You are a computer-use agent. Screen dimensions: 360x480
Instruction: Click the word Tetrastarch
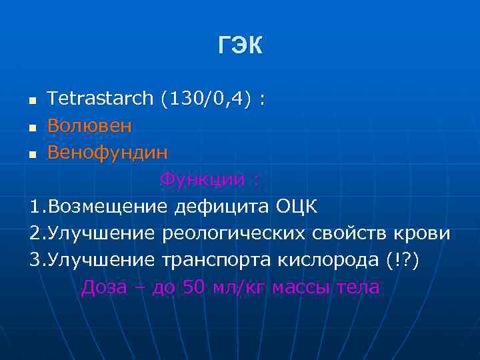tap(100, 99)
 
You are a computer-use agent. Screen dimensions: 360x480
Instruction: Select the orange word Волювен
tap(89, 126)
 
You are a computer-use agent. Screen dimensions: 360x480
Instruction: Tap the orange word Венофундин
tap(107, 153)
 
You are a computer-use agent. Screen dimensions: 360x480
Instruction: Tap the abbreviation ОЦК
tap(297, 207)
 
